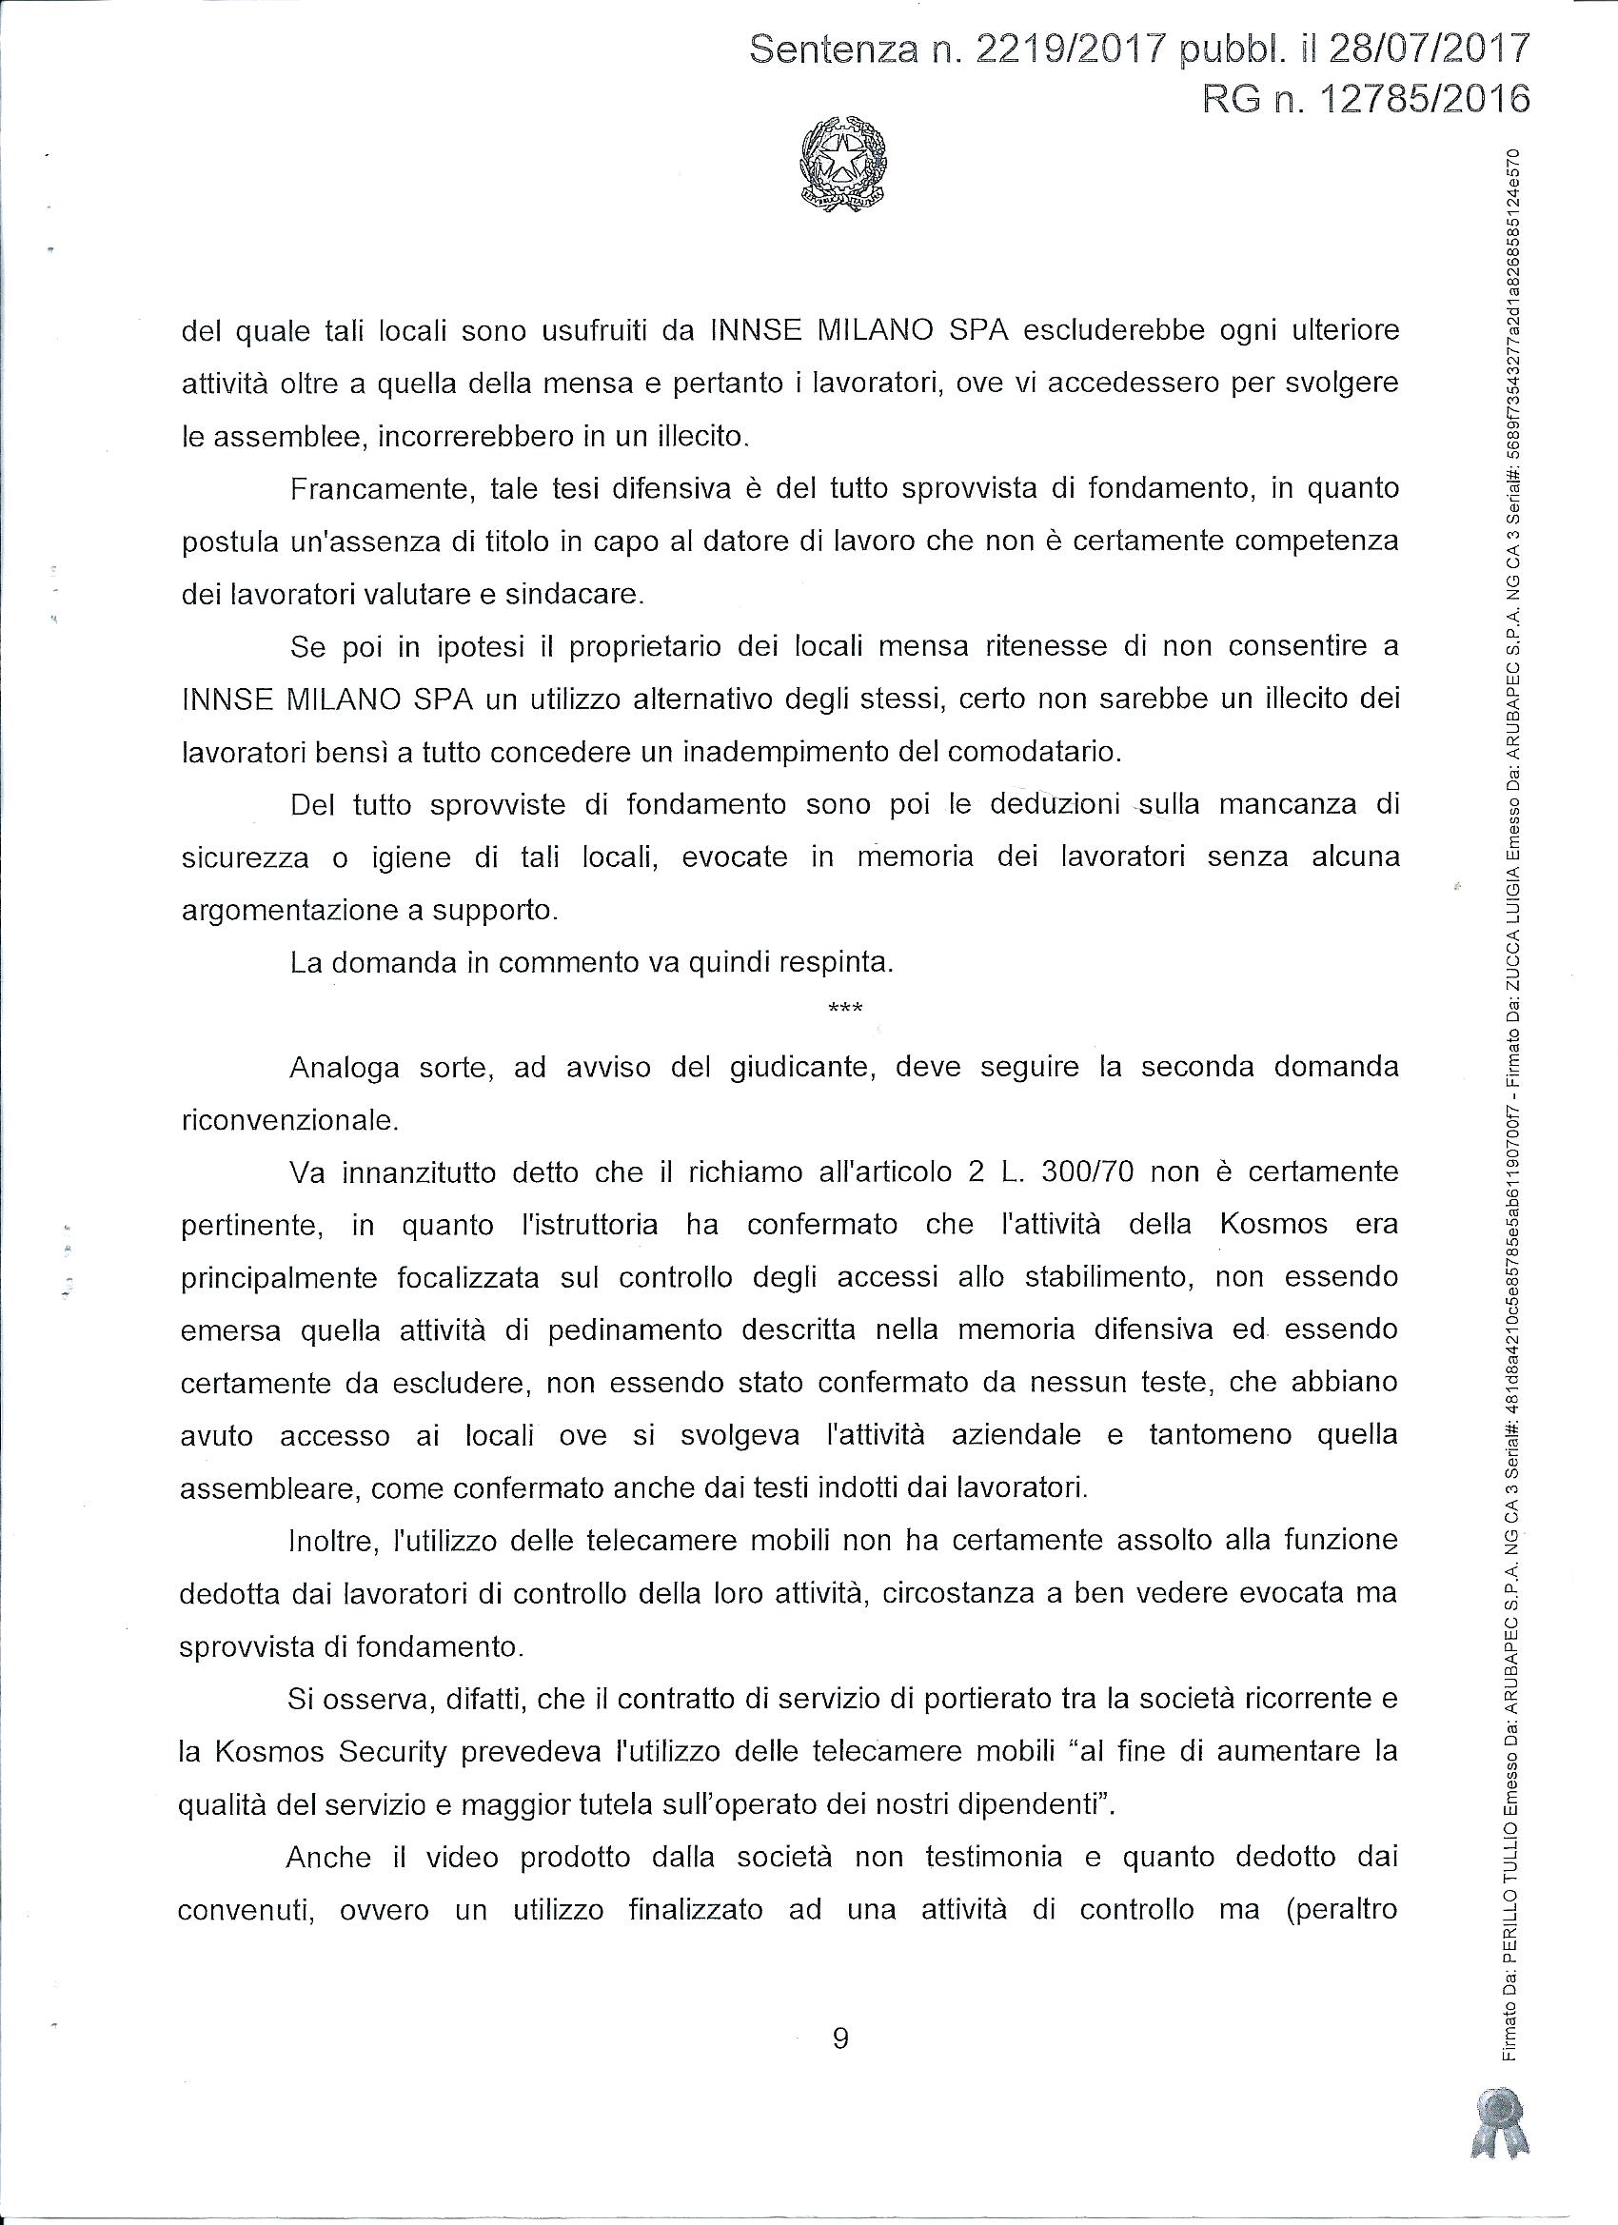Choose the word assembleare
click(x=259, y=1488)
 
